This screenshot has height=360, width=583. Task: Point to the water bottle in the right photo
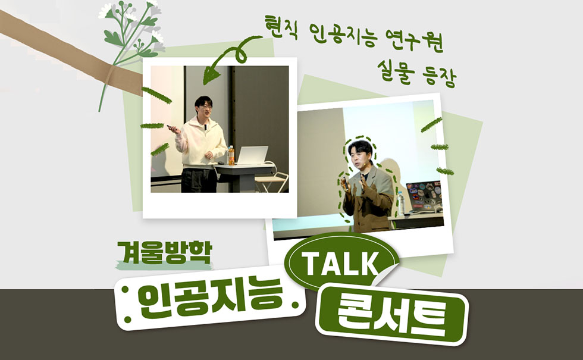(402, 202)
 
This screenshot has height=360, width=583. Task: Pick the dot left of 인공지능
(126, 294)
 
